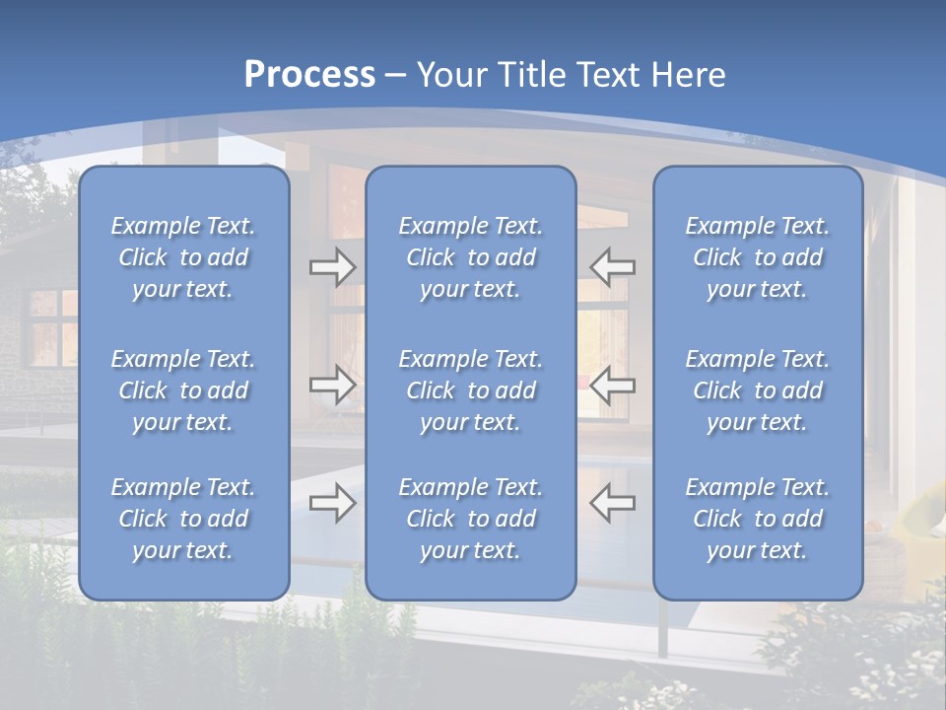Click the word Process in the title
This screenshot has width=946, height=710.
[x=309, y=75]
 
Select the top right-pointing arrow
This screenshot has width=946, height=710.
[x=332, y=267]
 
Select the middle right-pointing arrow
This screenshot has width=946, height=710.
[x=332, y=385]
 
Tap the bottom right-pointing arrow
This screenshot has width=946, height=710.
[x=332, y=503]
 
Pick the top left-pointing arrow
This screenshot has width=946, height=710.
[x=612, y=267]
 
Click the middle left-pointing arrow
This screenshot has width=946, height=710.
[x=612, y=385]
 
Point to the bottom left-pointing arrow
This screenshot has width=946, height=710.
[x=612, y=503]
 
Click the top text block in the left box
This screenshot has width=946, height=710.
[x=183, y=257]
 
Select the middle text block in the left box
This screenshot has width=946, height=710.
[x=183, y=390]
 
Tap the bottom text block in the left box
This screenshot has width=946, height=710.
[x=183, y=519]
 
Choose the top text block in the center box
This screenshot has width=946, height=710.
[x=471, y=257]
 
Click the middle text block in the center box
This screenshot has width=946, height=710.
[x=471, y=390]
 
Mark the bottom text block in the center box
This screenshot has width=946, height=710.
[x=471, y=519]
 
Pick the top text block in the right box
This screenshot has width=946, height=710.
[x=758, y=257]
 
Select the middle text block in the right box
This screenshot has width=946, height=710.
[x=758, y=390]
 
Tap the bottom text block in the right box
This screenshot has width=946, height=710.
[x=758, y=519]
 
